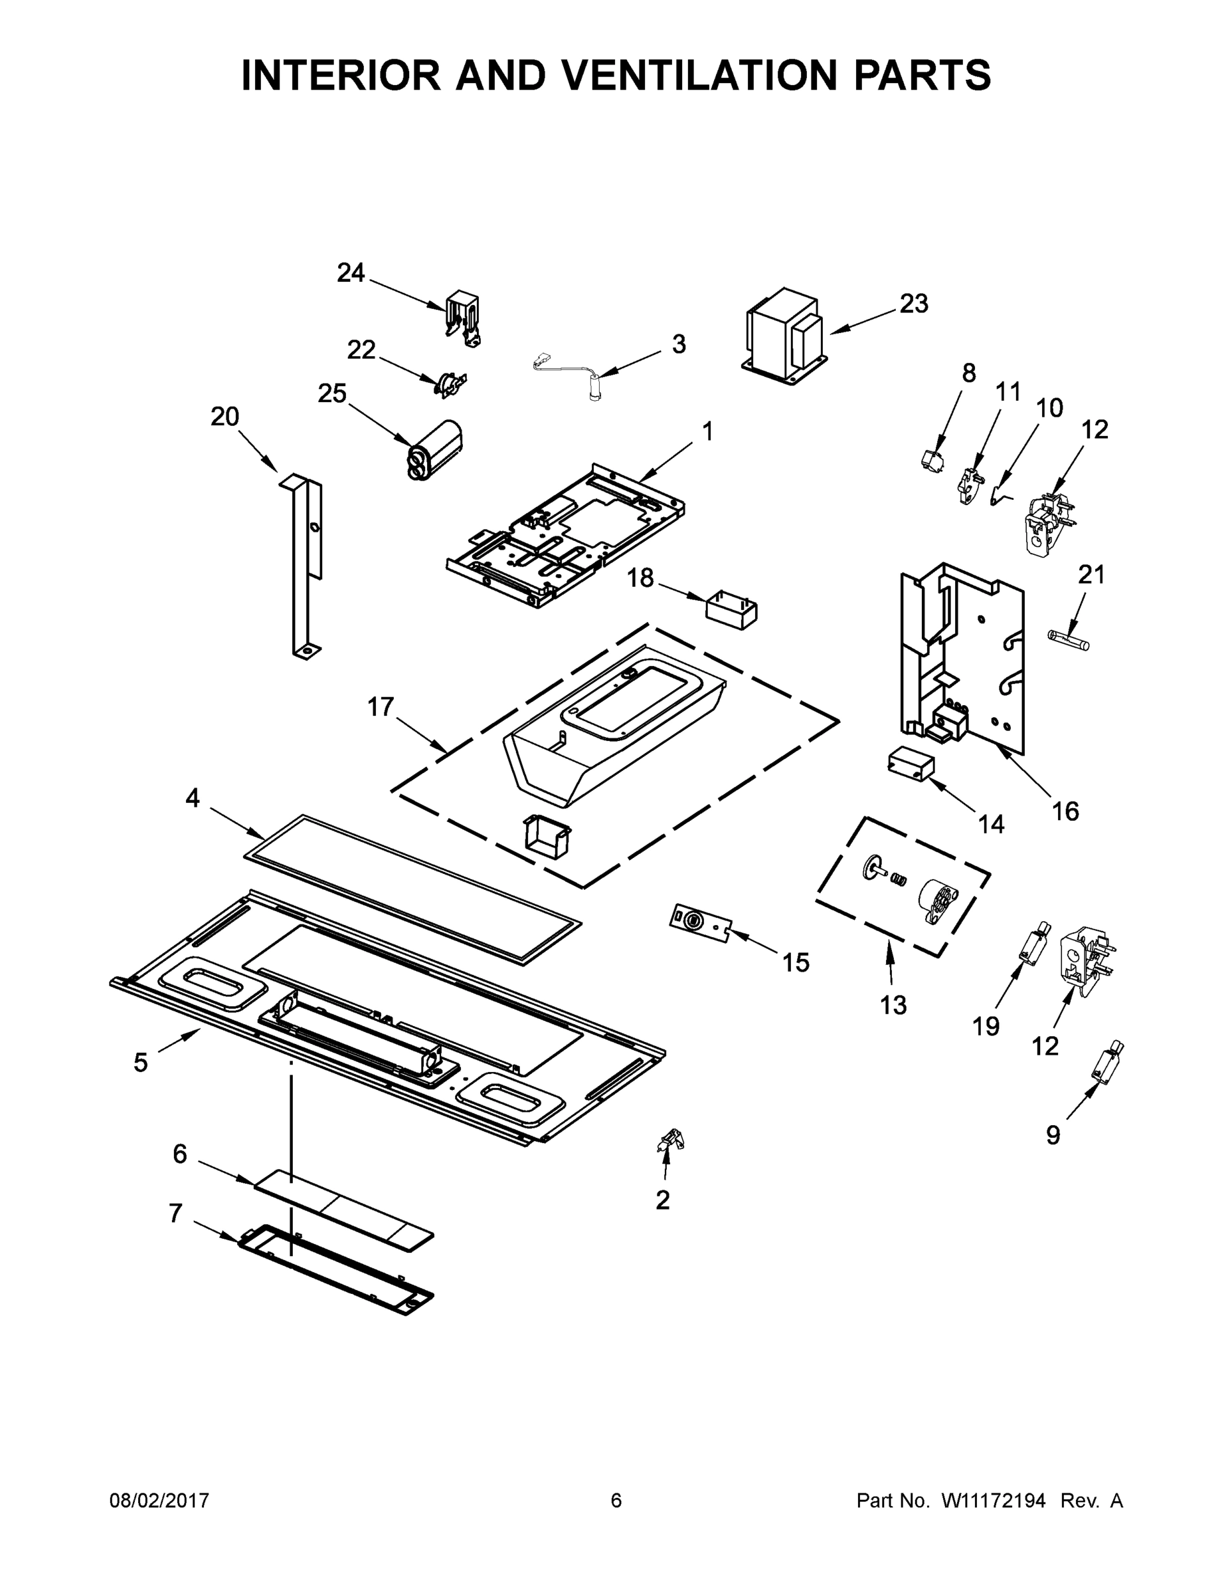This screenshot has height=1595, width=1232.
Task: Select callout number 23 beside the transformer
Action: pos(913,303)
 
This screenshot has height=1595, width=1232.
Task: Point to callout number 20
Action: pos(224,416)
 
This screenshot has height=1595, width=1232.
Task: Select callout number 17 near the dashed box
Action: pos(381,706)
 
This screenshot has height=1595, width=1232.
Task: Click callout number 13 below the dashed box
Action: pos(893,1005)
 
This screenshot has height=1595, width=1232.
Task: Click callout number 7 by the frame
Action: pos(175,1213)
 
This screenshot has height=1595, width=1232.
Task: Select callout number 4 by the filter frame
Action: pos(192,798)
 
